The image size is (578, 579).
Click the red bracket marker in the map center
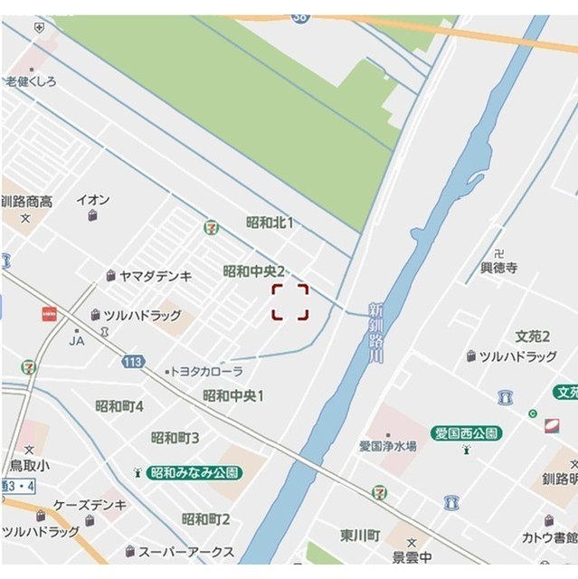290,302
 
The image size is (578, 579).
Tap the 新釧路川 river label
375,332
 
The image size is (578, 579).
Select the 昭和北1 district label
270,223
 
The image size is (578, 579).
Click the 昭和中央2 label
254,271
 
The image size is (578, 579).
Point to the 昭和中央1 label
233,395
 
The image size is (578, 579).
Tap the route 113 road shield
133,361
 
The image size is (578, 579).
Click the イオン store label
93,200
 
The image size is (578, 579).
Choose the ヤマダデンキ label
155,276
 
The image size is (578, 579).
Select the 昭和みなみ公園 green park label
194,472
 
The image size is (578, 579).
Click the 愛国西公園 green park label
466,433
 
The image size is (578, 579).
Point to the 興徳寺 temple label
498,269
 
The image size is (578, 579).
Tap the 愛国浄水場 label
387,446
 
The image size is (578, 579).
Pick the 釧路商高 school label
26,202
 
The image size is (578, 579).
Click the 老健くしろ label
31,81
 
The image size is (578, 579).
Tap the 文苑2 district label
533,337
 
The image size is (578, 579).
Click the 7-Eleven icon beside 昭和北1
211,226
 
